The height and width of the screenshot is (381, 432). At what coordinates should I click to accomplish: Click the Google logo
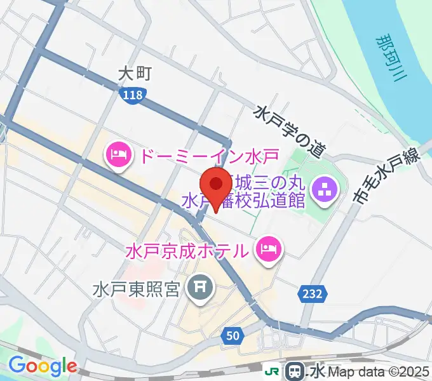coord(43,366)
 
